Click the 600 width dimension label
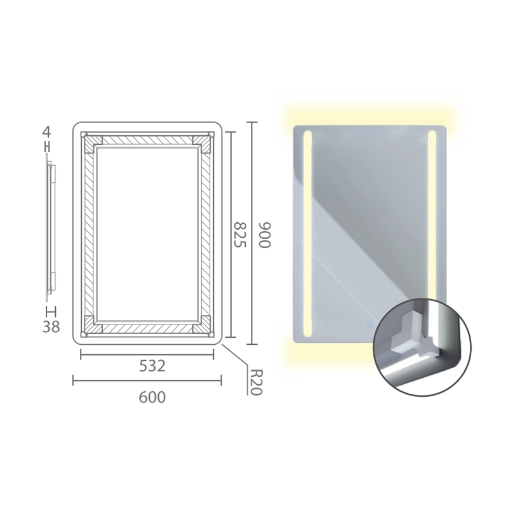(x=152, y=398)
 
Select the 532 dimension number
(x=152, y=366)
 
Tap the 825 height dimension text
(x=241, y=234)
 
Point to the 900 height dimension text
(x=264, y=235)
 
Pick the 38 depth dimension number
(x=51, y=327)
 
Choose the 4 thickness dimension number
(x=46, y=132)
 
